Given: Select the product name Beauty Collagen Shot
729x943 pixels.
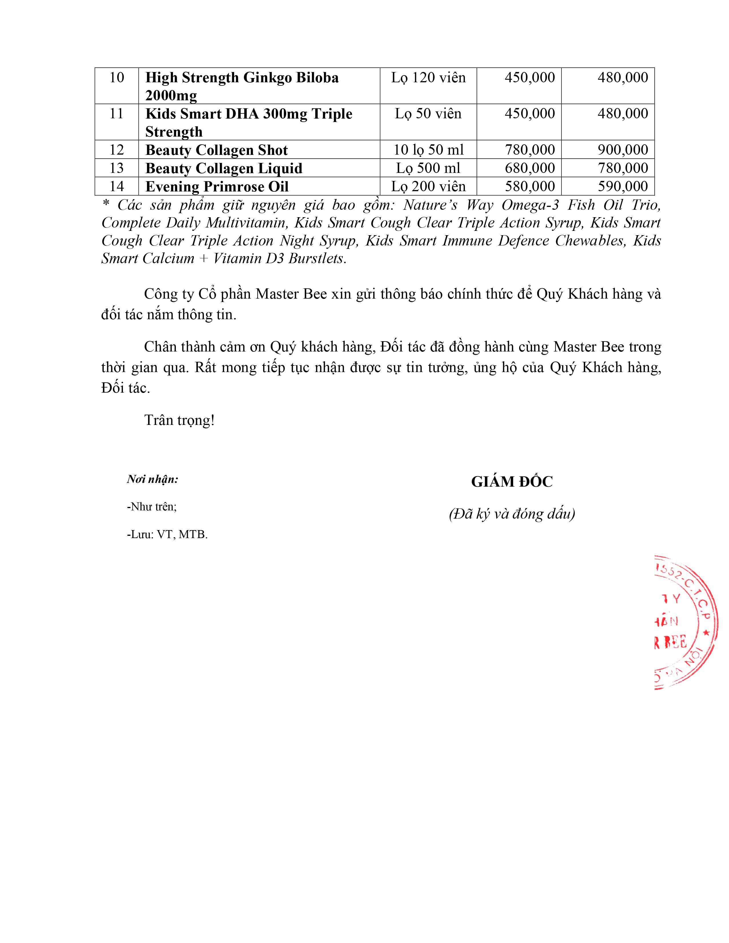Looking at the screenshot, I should coord(216,150).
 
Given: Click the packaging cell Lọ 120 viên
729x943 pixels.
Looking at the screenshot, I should coord(429,78).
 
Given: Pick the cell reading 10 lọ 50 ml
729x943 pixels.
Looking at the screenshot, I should coord(429,150).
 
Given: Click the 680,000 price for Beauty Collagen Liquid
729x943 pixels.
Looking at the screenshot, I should coord(530,168).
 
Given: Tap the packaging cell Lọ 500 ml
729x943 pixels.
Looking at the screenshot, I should coord(429,168).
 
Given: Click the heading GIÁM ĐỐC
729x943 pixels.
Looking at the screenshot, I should coord(512,482).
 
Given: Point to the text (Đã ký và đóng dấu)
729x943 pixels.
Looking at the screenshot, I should coord(512,514).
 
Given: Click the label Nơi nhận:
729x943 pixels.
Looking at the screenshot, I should coord(152,479).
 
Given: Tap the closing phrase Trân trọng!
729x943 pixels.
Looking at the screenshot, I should coord(179,420).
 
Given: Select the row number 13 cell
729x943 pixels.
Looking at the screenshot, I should coord(117,168).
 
